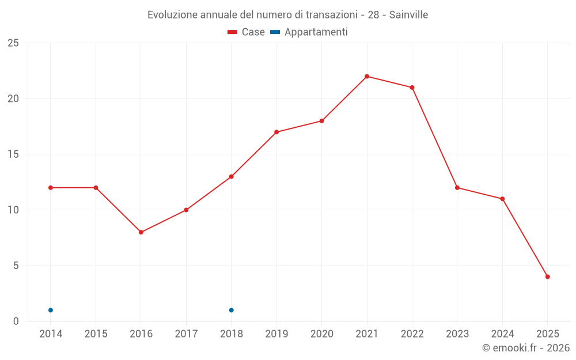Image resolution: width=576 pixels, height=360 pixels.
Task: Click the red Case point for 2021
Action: click(367, 77)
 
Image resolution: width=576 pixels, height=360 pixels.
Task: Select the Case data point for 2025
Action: click(548, 277)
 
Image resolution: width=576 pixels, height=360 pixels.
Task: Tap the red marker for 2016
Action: click(141, 232)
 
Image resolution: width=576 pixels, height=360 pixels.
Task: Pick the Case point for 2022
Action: click(412, 88)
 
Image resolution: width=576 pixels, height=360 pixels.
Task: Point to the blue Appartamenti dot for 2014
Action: click(51, 310)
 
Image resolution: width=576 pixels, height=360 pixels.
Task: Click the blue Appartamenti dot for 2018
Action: click(232, 310)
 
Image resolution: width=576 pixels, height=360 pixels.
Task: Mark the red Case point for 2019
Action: click(276, 132)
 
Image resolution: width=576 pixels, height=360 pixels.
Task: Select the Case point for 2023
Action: click(457, 188)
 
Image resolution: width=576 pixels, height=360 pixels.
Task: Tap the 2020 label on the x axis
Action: click(322, 334)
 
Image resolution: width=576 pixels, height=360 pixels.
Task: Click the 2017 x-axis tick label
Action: click(186, 334)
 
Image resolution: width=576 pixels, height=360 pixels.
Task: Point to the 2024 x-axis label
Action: click(502, 334)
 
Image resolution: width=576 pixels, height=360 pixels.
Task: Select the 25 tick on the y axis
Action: click(13, 43)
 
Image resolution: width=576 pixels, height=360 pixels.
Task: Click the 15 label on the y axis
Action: click(13, 154)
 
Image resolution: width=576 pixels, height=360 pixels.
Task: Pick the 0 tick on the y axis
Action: click(16, 321)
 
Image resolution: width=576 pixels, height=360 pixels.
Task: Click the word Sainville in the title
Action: click(408, 15)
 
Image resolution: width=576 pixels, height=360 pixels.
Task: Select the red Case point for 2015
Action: click(96, 188)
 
